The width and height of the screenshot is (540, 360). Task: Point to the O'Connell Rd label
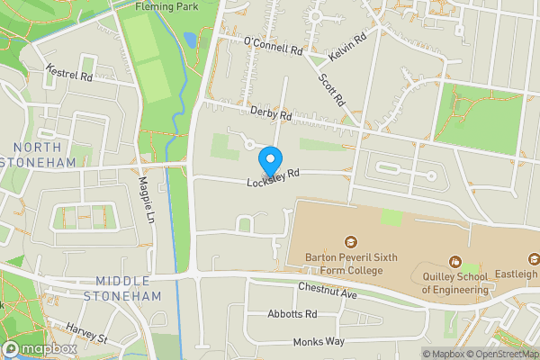pos(273,46)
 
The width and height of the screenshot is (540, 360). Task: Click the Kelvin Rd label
pos(348,47)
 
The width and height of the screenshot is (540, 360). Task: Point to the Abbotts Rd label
pos(292,315)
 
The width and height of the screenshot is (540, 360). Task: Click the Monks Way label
pos(319,343)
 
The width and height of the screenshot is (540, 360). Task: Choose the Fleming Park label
pos(166,5)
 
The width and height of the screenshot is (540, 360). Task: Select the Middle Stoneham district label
pos(122,288)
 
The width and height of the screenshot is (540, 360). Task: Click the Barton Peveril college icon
pos(350,242)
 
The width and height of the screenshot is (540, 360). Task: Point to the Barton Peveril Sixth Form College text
pos(350,263)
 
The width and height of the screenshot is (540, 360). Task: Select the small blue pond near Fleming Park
pos(190,40)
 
